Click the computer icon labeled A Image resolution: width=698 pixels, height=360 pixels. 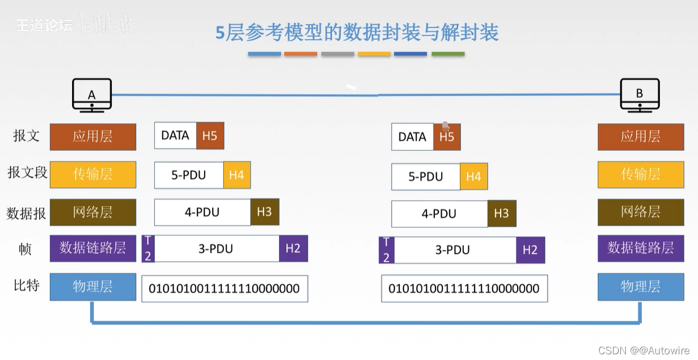[x=92, y=95]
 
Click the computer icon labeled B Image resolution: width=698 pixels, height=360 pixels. [x=640, y=94]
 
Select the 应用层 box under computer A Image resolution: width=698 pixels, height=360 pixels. [x=93, y=137]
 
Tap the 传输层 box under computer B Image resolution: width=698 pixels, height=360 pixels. [x=640, y=174]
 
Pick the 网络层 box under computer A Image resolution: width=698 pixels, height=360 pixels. [x=93, y=212]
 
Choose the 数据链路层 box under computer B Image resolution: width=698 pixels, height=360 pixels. [x=640, y=248]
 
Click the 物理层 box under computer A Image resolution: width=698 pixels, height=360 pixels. [x=93, y=286]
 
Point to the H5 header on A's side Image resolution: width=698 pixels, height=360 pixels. [x=210, y=136]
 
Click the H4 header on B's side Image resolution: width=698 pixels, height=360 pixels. [x=473, y=177]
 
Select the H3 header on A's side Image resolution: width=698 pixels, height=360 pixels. [x=265, y=212]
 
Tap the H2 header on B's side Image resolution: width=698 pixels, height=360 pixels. [x=530, y=250]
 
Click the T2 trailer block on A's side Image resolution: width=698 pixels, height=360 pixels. [x=147, y=249]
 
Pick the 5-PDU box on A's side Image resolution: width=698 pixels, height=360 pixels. [x=189, y=175]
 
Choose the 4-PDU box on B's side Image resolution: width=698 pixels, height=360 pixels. [x=439, y=214]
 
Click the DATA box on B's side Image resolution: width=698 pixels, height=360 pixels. [x=412, y=137]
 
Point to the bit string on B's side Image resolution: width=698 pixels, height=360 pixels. [x=464, y=289]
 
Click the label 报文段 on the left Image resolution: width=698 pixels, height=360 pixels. [x=27, y=172]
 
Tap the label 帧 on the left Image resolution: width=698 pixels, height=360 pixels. [x=26, y=249]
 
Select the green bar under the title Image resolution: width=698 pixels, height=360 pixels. [x=448, y=54]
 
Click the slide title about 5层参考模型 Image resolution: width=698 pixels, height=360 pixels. [x=357, y=32]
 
